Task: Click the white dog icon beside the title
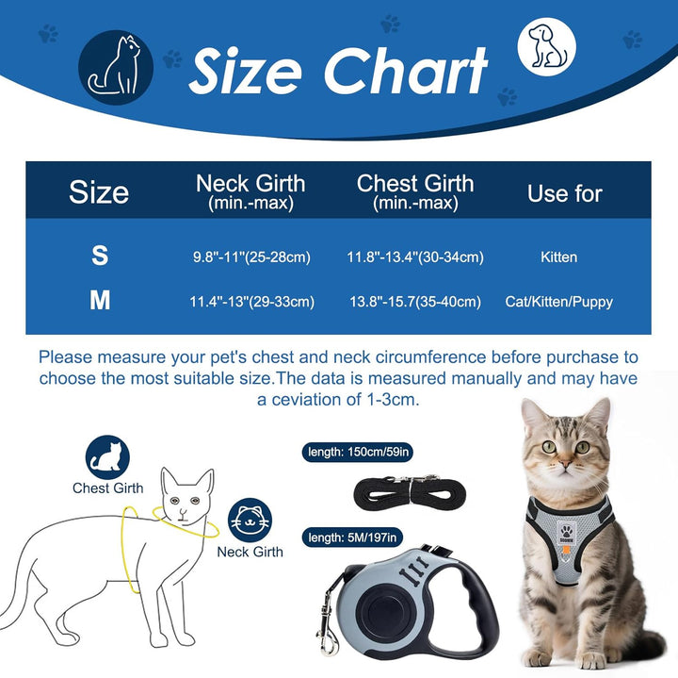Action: click(x=547, y=47)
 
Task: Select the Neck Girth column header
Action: click(x=250, y=190)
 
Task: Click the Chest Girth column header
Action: click(x=415, y=190)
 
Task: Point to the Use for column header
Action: click(x=564, y=193)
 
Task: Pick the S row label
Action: click(x=99, y=256)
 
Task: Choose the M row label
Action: click(x=100, y=302)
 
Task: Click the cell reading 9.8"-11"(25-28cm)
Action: click(x=250, y=257)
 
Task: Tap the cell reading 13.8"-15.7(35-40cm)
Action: click(x=415, y=302)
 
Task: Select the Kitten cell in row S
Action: click(x=559, y=257)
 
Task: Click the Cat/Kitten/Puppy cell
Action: click(x=559, y=302)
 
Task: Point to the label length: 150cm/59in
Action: click(x=359, y=452)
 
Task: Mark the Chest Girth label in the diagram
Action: click(x=108, y=488)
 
